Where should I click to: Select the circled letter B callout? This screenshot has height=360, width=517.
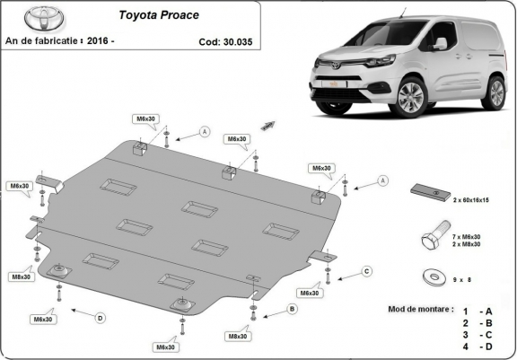point(291,309)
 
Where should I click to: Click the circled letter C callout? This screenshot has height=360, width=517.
point(366,270)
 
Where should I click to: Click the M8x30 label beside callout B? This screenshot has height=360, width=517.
point(238,336)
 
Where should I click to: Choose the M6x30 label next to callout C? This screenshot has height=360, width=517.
point(309,293)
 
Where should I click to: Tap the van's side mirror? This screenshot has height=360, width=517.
point(440,43)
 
